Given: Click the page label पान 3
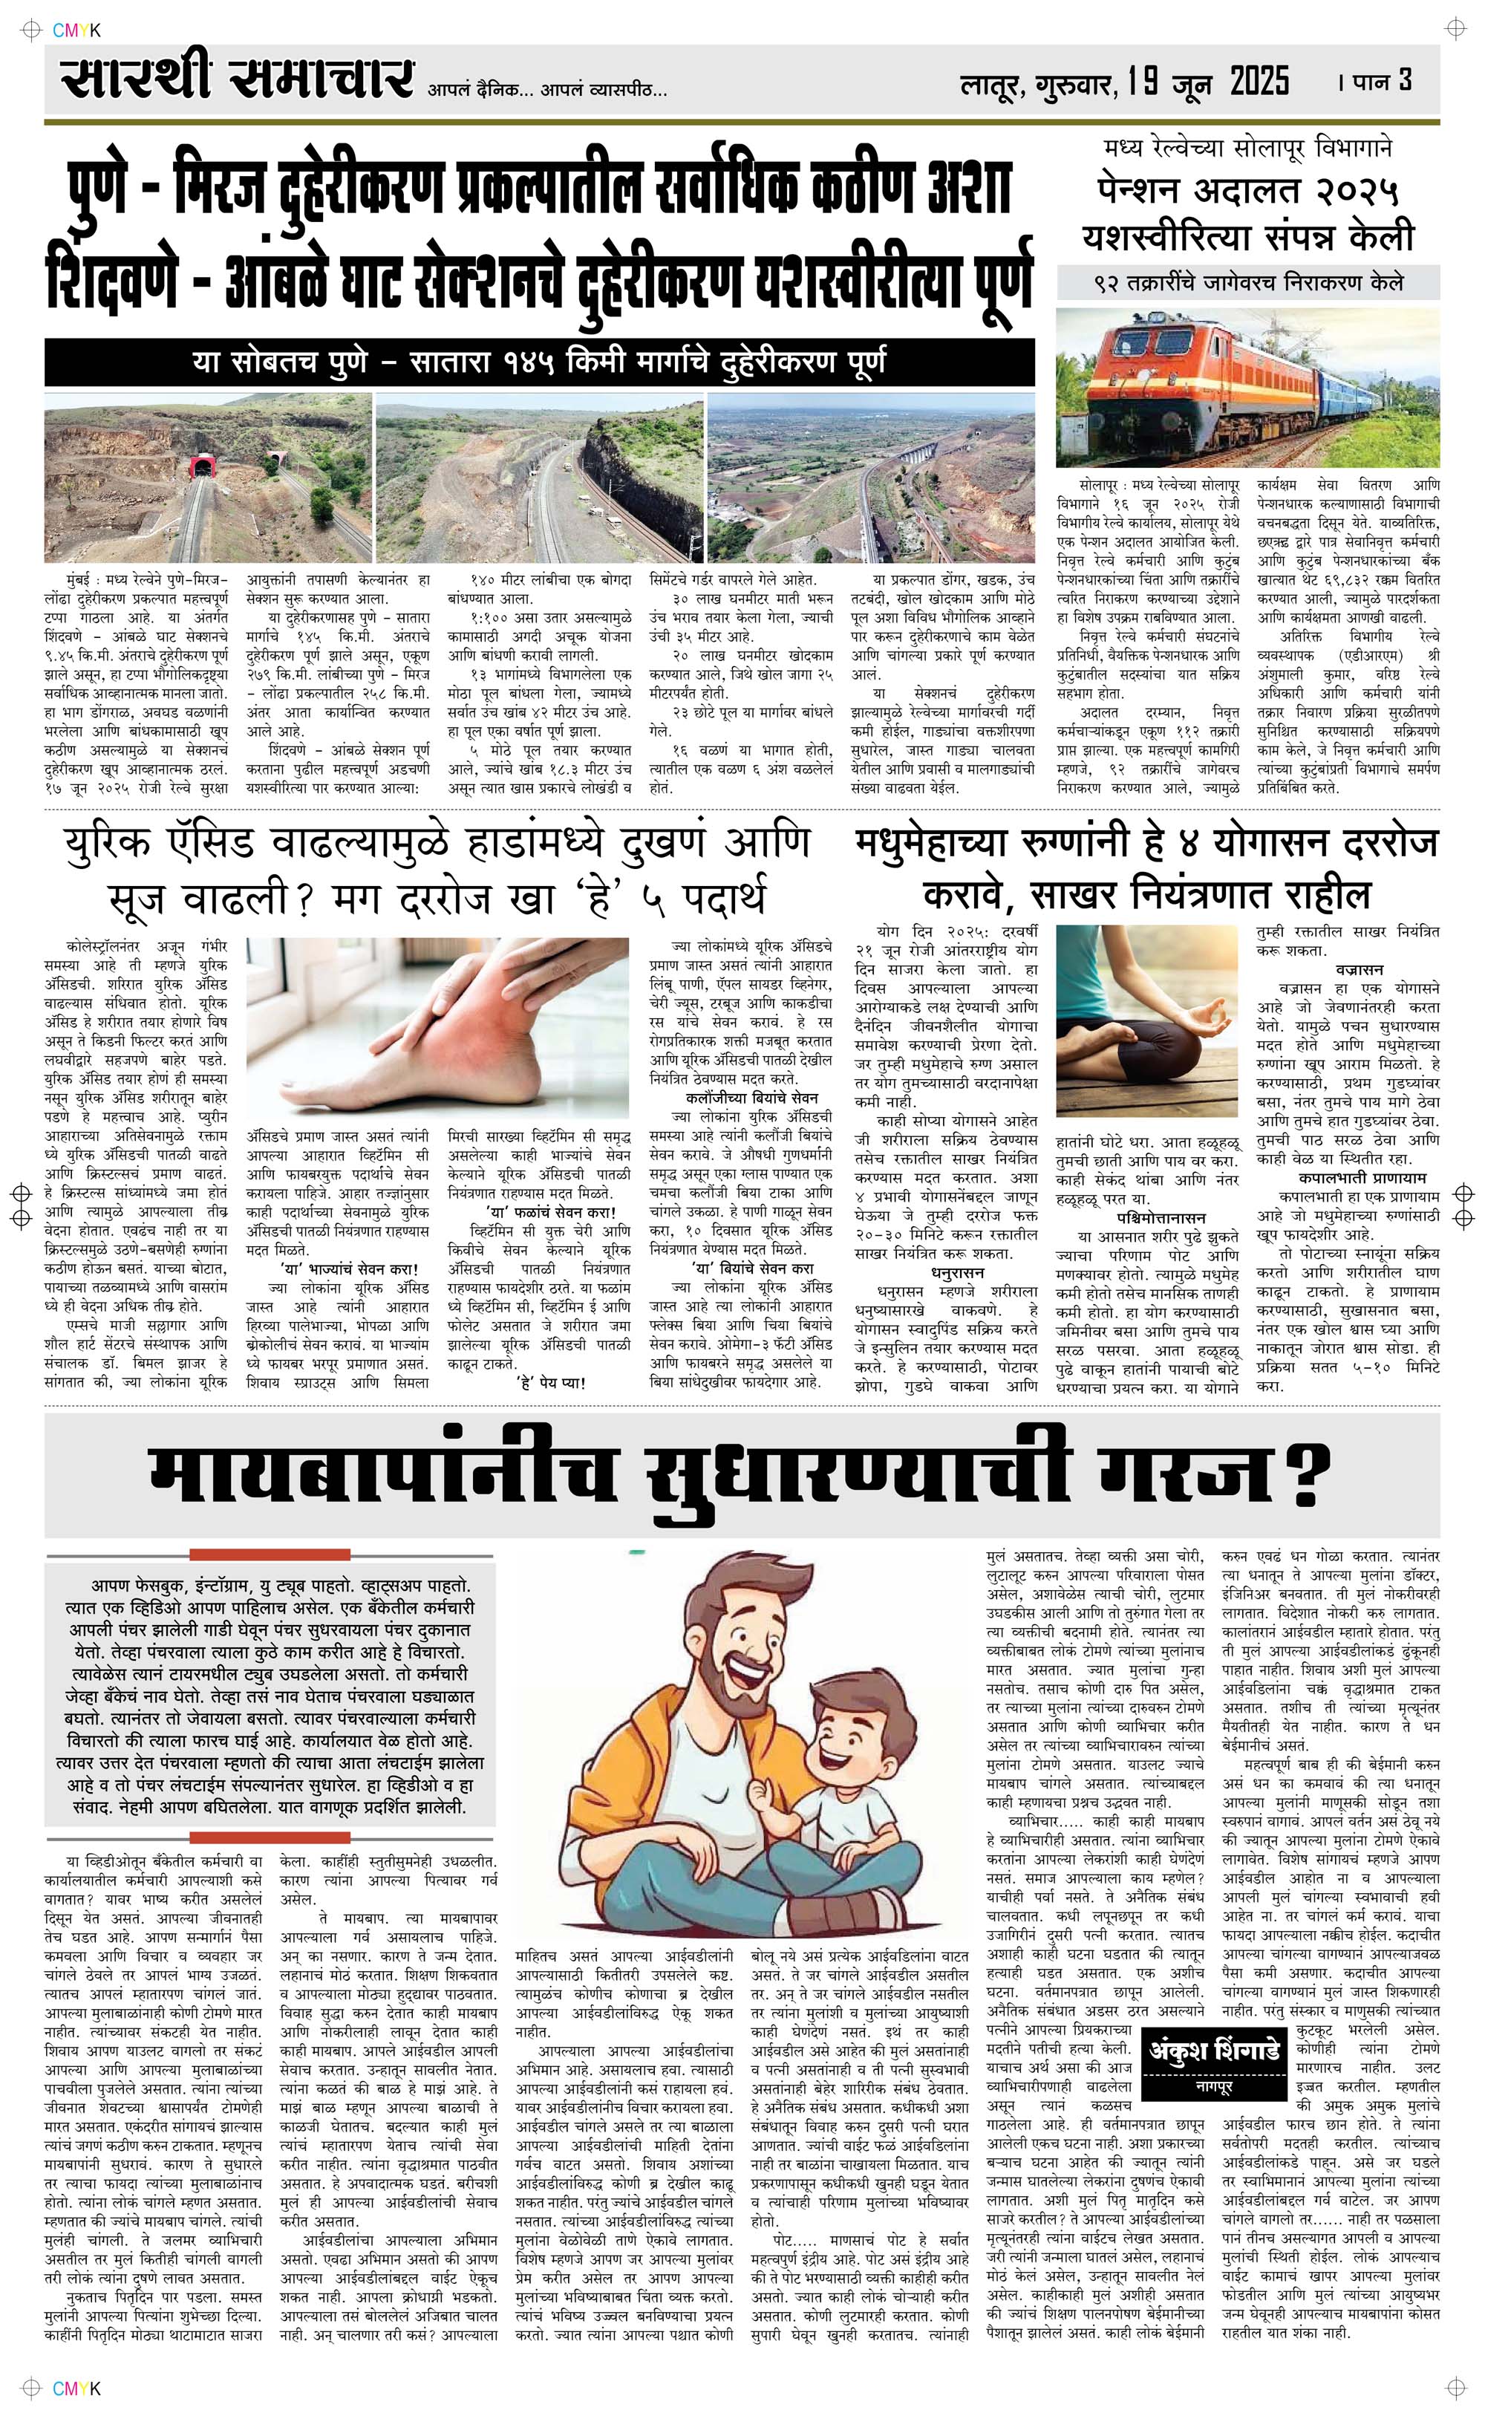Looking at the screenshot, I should point(1383,80).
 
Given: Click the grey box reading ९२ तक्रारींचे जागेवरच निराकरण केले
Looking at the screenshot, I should point(1248,284).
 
